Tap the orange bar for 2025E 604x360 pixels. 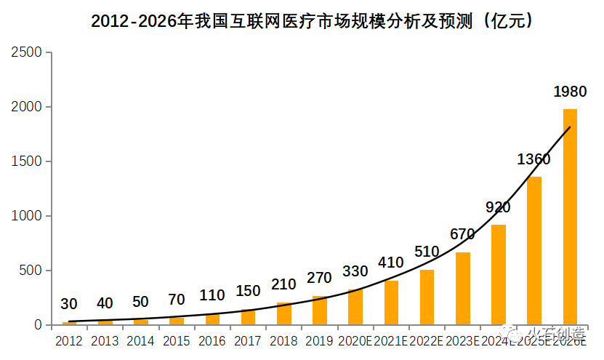[534, 251]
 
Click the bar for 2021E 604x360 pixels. [391, 303]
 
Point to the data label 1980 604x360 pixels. [570, 92]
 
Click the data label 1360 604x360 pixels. [533, 159]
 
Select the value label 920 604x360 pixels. [498, 207]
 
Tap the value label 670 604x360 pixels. [462, 234]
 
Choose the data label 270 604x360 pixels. [319, 278]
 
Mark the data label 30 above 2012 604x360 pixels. [69, 304]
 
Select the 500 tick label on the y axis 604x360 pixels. [31, 271]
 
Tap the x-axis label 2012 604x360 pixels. [69, 340]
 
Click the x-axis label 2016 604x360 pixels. [212, 340]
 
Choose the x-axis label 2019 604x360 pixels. [319, 340]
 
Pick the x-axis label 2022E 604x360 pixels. [427, 340]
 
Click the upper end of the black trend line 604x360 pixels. [570, 127]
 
